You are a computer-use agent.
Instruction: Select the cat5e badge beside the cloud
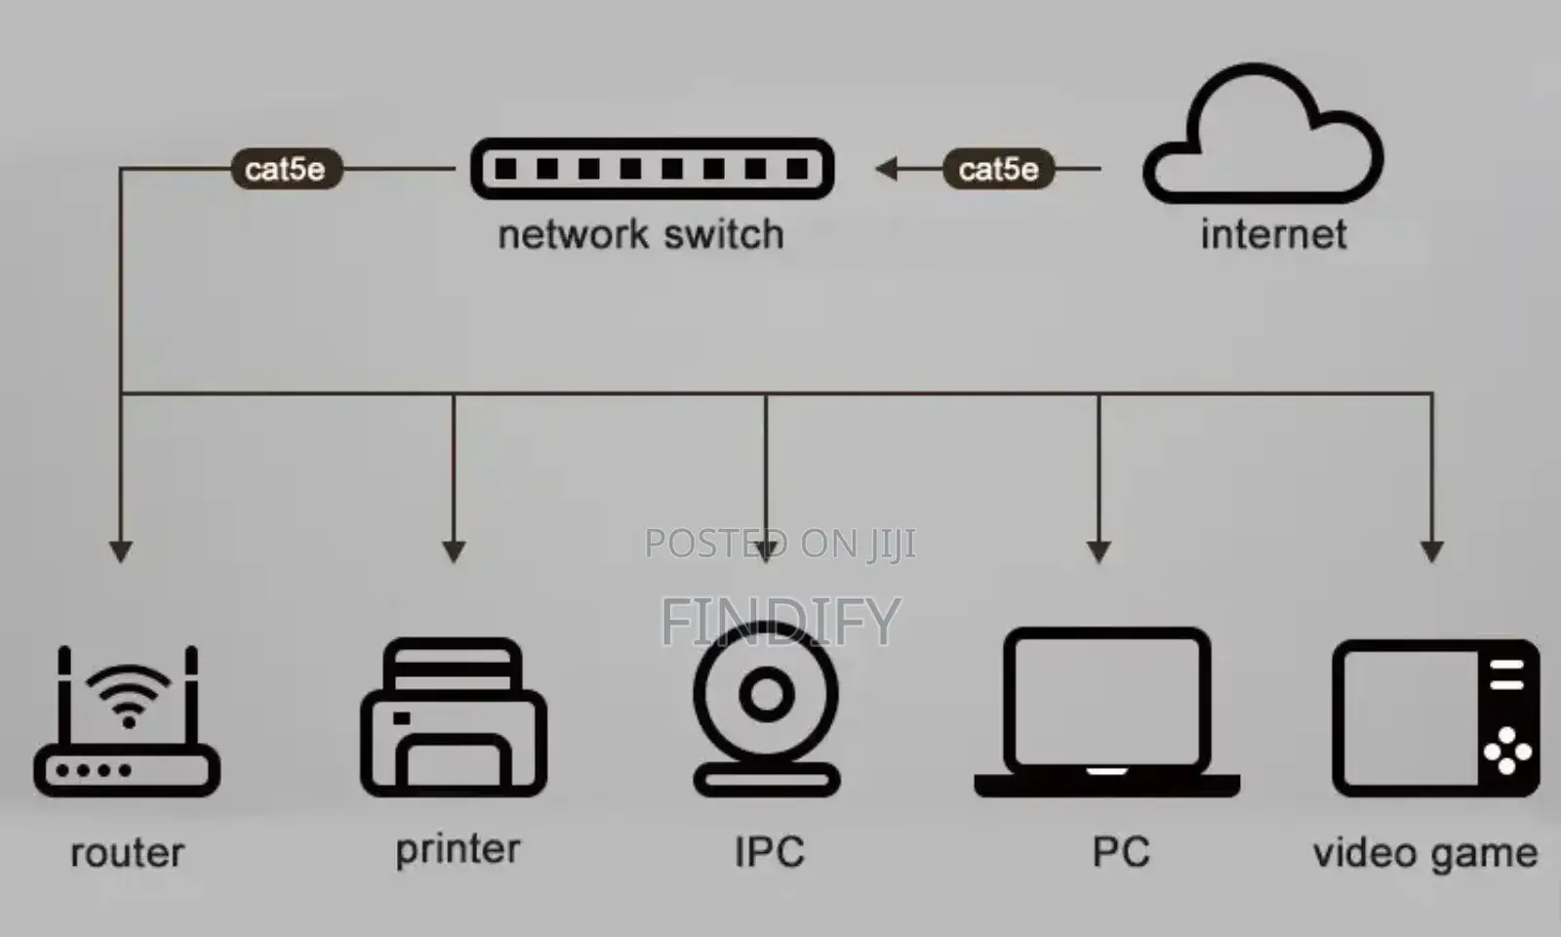(x=998, y=169)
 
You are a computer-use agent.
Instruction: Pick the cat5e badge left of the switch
(x=287, y=169)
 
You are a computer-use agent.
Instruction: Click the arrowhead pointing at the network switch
(x=887, y=169)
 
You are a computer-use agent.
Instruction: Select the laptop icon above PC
(x=1106, y=785)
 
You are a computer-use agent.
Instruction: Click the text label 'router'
(x=128, y=853)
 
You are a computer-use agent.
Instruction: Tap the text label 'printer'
(x=458, y=850)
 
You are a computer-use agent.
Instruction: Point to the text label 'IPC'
(x=770, y=851)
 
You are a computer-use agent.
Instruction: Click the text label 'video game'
(x=1425, y=853)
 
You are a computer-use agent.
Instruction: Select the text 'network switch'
(x=641, y=234)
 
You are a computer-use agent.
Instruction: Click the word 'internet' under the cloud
(x=1273, y=234)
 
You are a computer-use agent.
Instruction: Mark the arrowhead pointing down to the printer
(x=454, y=552)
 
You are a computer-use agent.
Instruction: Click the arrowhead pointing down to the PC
(x=1099, y=552)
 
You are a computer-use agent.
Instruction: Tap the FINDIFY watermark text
(x=780, y=621)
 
